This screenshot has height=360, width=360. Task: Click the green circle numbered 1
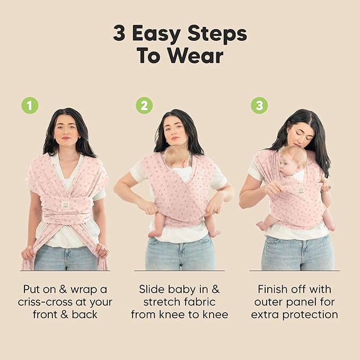tap(30, 106)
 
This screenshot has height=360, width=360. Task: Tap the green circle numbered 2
tap(144, 106)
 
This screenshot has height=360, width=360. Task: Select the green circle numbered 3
tap(259, 106)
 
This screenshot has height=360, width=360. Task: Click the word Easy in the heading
tap(160, 33)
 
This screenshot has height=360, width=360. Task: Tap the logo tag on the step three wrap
tap(300, 190)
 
